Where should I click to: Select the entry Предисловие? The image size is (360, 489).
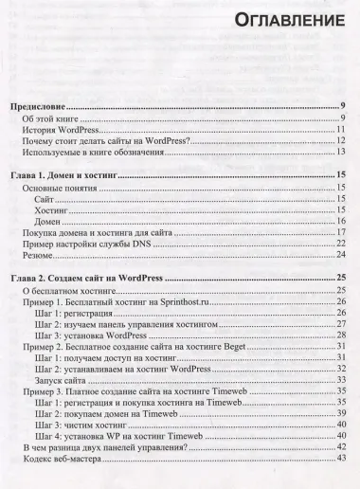tap(47, 106)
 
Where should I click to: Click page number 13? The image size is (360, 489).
tap(341, 153)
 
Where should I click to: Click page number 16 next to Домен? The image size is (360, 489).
tap(341, 220)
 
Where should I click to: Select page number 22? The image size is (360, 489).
tap(341, 244)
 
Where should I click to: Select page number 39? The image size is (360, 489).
tap(341, 414)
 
